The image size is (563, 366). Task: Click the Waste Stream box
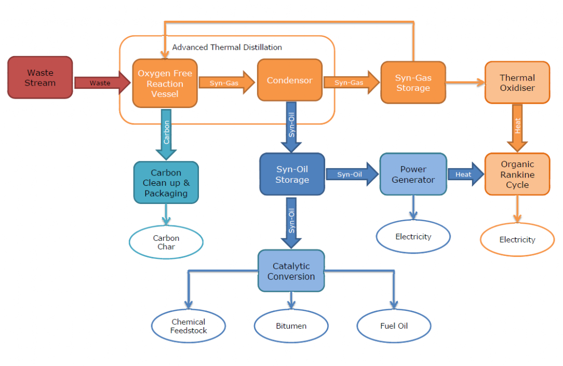point(40,77)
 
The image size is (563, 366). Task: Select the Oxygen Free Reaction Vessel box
point(165,84)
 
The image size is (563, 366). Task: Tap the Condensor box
point(290,80)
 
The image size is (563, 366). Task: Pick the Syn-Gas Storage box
point(413,83)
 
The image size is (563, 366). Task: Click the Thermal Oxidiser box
point(517,83)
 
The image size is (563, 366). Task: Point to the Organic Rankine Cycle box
point(517,174)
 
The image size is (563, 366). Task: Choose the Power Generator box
point(413,174)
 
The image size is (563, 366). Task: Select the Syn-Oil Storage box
point(292,174)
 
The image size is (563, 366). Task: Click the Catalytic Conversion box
point(291,271)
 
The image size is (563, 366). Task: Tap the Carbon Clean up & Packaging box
point(166,183)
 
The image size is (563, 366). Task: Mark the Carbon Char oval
point(166,242)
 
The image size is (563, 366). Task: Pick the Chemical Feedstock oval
point(189,326)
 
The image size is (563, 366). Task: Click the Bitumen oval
point(291,326)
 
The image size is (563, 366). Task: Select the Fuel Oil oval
point(394,326)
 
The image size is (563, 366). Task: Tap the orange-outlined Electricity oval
point(517,239)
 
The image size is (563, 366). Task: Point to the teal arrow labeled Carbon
point(166,133)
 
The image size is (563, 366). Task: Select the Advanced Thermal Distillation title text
point(227,47)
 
